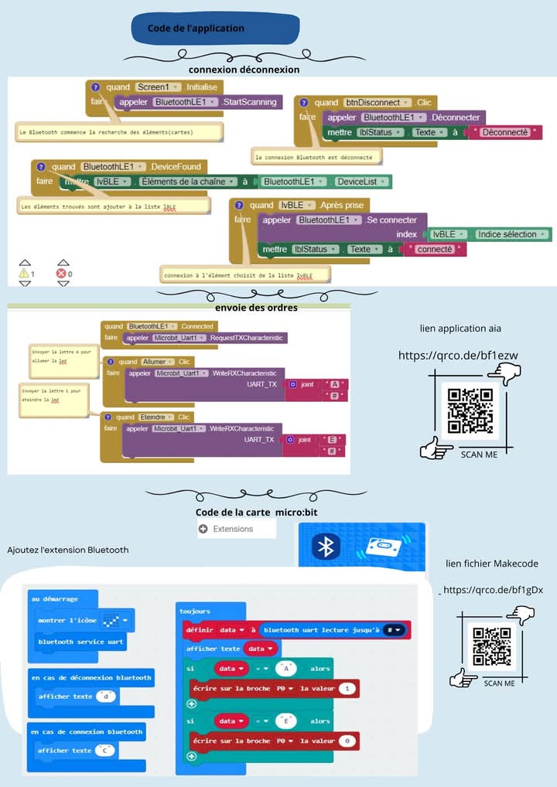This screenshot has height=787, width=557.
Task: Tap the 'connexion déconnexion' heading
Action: click(244, 70)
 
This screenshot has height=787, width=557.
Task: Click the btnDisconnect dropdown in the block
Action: click(377, 102)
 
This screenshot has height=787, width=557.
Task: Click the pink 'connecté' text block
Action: click(437, 249)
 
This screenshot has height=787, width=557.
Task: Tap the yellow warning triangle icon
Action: click(24, 274)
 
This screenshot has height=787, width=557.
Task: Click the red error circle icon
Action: click(61, 274)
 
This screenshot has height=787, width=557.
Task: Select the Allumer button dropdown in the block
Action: click(159, 362)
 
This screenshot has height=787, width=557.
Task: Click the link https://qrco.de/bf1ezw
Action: click(458, 356)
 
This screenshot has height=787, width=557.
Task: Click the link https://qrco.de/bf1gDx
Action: click(493, 590)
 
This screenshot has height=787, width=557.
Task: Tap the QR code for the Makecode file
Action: click(492, 646)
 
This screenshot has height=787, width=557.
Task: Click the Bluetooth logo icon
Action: click(326, 547)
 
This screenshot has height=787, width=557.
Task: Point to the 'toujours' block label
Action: click(195, 611)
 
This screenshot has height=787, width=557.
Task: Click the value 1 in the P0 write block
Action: click(349, 688)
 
